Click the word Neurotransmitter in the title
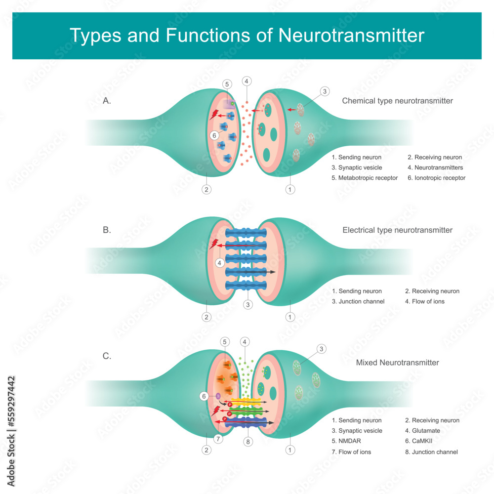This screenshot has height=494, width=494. tap(351, 36)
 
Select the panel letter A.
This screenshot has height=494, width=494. tap(107, 101)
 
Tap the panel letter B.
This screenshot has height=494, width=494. tap(107, 230)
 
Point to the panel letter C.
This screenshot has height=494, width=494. tap(107, 356)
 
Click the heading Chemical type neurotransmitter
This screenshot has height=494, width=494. tap(397, 101)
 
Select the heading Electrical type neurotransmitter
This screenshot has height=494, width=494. tap(397, 230)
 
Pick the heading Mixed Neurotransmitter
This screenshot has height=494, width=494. tap(397, 363)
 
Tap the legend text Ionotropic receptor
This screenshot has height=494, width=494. tap(439, 178)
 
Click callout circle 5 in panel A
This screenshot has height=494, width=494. tap(227, 84)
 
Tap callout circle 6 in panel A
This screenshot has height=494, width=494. tap(214, 135)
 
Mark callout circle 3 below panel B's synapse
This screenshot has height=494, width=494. tap(247, 305)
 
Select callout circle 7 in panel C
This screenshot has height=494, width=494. tap(217, 438)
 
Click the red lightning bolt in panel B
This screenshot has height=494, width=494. tap(215, 244)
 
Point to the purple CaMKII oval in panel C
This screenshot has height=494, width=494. tap(218, 396)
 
